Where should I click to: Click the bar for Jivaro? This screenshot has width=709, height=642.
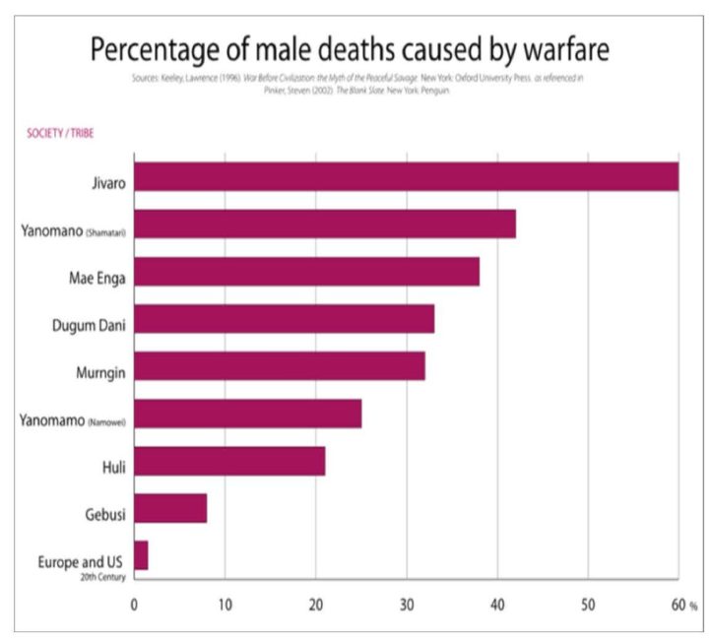[406, 177]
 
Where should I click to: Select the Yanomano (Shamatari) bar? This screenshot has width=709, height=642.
[325, 225]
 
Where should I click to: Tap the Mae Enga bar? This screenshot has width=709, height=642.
[306, 272]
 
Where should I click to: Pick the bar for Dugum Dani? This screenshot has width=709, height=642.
[284, 319]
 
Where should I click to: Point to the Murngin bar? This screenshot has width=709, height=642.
[280, 366]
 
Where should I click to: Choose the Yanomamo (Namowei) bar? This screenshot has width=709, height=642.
[247, 414]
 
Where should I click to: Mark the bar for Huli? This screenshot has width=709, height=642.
[229, 461]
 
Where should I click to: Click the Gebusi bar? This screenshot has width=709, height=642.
[170, 508]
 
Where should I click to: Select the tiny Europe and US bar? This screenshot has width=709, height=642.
[141, 555]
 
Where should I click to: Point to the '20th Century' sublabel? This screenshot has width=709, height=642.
[104, 577]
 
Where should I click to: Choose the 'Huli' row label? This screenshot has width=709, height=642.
[112, 461]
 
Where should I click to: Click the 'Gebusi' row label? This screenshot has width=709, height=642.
[105, 508]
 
